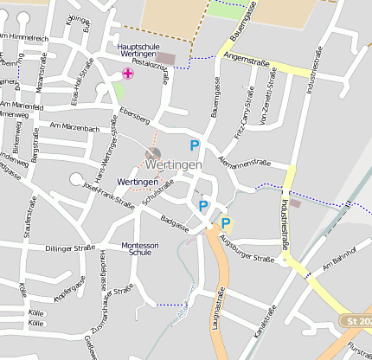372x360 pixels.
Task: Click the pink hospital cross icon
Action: pyautogui.click(x=128, y=74)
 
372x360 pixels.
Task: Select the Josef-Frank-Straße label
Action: pyautogui.click(x=108, y=195)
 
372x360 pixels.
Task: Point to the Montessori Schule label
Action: pyautogui.click(x=140, y=248)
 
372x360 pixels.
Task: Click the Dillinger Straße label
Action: pyautogui.click(x=69, y=248)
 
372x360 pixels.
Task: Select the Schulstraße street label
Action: pyautogui.click(x=157, y=194)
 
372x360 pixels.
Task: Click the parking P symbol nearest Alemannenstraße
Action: pyautogui.click(x=195, y=146)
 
